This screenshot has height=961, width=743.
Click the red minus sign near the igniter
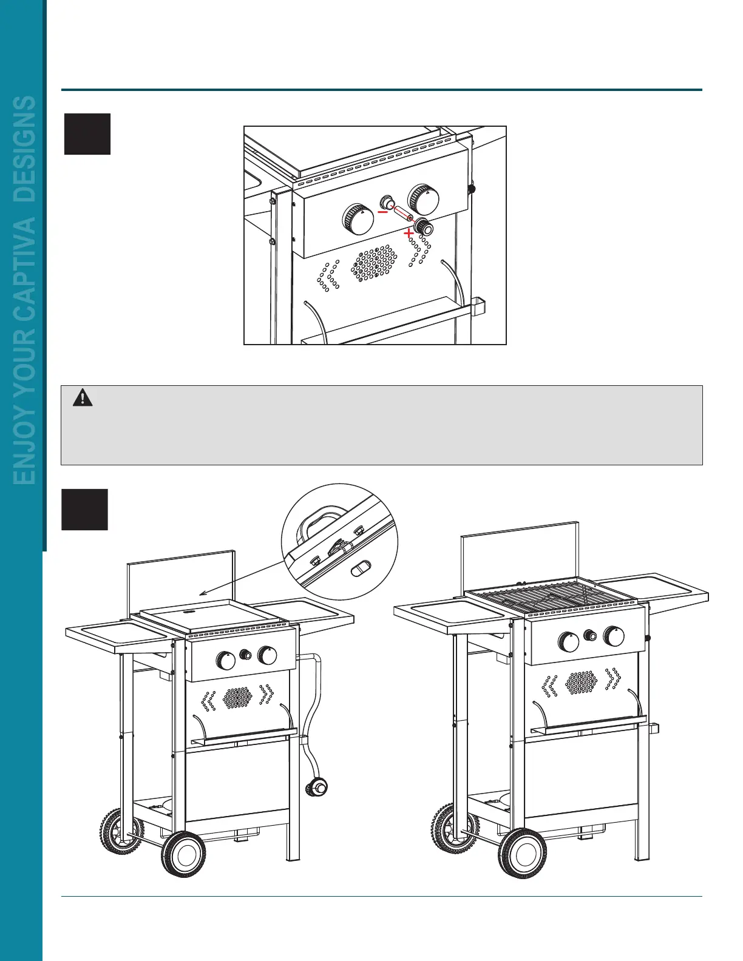(x=382, y=212)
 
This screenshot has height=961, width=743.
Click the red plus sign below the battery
(x=410, y=232)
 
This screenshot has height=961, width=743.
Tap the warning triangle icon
(x=83, y=398)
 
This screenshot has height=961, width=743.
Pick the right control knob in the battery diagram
(x=424, y=198)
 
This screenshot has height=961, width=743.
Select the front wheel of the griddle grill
(x=183, y=854)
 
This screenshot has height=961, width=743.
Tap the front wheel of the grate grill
(x=521, y=853)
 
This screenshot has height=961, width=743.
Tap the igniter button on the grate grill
(x=589, y=635)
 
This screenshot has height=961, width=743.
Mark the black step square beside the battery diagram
(x=87, y=134)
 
